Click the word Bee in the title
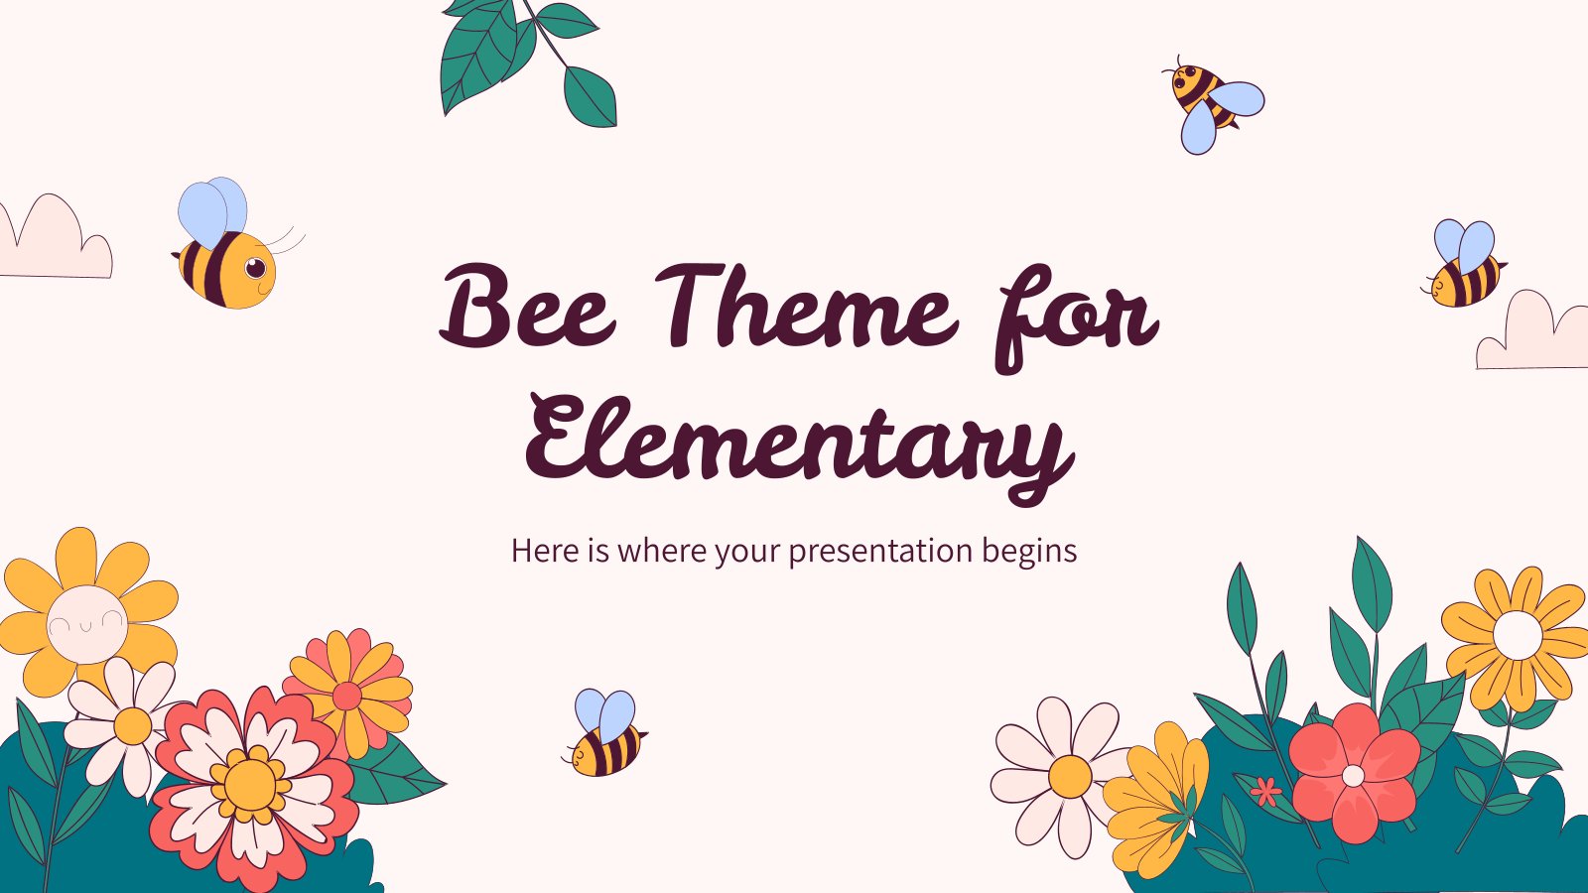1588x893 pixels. click(x=527, y=307)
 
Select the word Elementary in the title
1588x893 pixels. click(x=799, y=443)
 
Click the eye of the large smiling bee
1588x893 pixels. click(x=255, y=268)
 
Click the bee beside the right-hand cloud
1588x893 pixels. click(x=1463, y=263)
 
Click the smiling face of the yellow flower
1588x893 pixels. click(x=87, y=621)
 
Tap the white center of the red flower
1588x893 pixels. click(x=1353, y=776)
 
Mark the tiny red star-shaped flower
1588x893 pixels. click(x=1266, y=791)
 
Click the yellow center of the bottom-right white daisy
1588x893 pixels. click(x=1070, y=777)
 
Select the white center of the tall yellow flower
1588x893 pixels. click(x=1518, y=634)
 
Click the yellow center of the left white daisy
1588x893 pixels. click(x=133, y=725)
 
